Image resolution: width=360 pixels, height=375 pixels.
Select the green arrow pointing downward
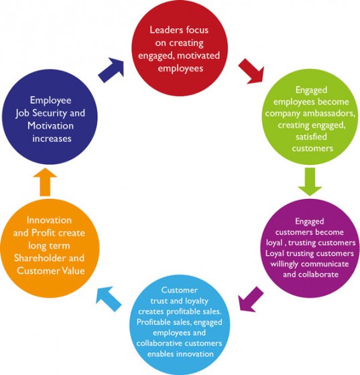(308, 179)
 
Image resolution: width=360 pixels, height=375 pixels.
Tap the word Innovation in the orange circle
(50, 220)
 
